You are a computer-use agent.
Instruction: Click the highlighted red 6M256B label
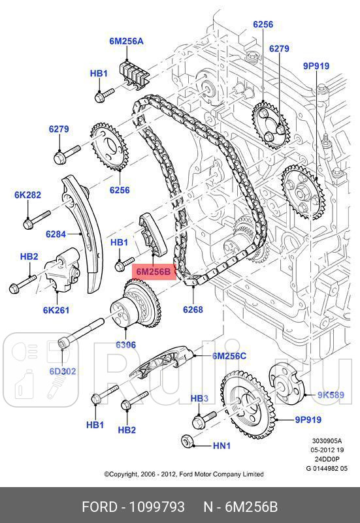click(x=154, y=270)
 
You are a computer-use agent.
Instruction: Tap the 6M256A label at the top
click(x=126, y=40)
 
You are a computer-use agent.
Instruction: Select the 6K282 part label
click(x=27, y=195)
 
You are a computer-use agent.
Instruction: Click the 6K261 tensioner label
click(x=56, y=310)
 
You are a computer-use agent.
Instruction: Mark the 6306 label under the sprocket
click(x=126, y=344)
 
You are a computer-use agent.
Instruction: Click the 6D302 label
click(x=63, y=372)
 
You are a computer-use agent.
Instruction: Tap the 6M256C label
click(x=229, y=356)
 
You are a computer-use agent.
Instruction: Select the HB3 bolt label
click(x=199, y=398)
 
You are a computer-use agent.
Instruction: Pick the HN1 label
click(x=222, y=446)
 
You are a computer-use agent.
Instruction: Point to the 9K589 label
click(x=331, y=394)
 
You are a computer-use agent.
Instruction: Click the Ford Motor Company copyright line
click(x=184, y=474)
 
